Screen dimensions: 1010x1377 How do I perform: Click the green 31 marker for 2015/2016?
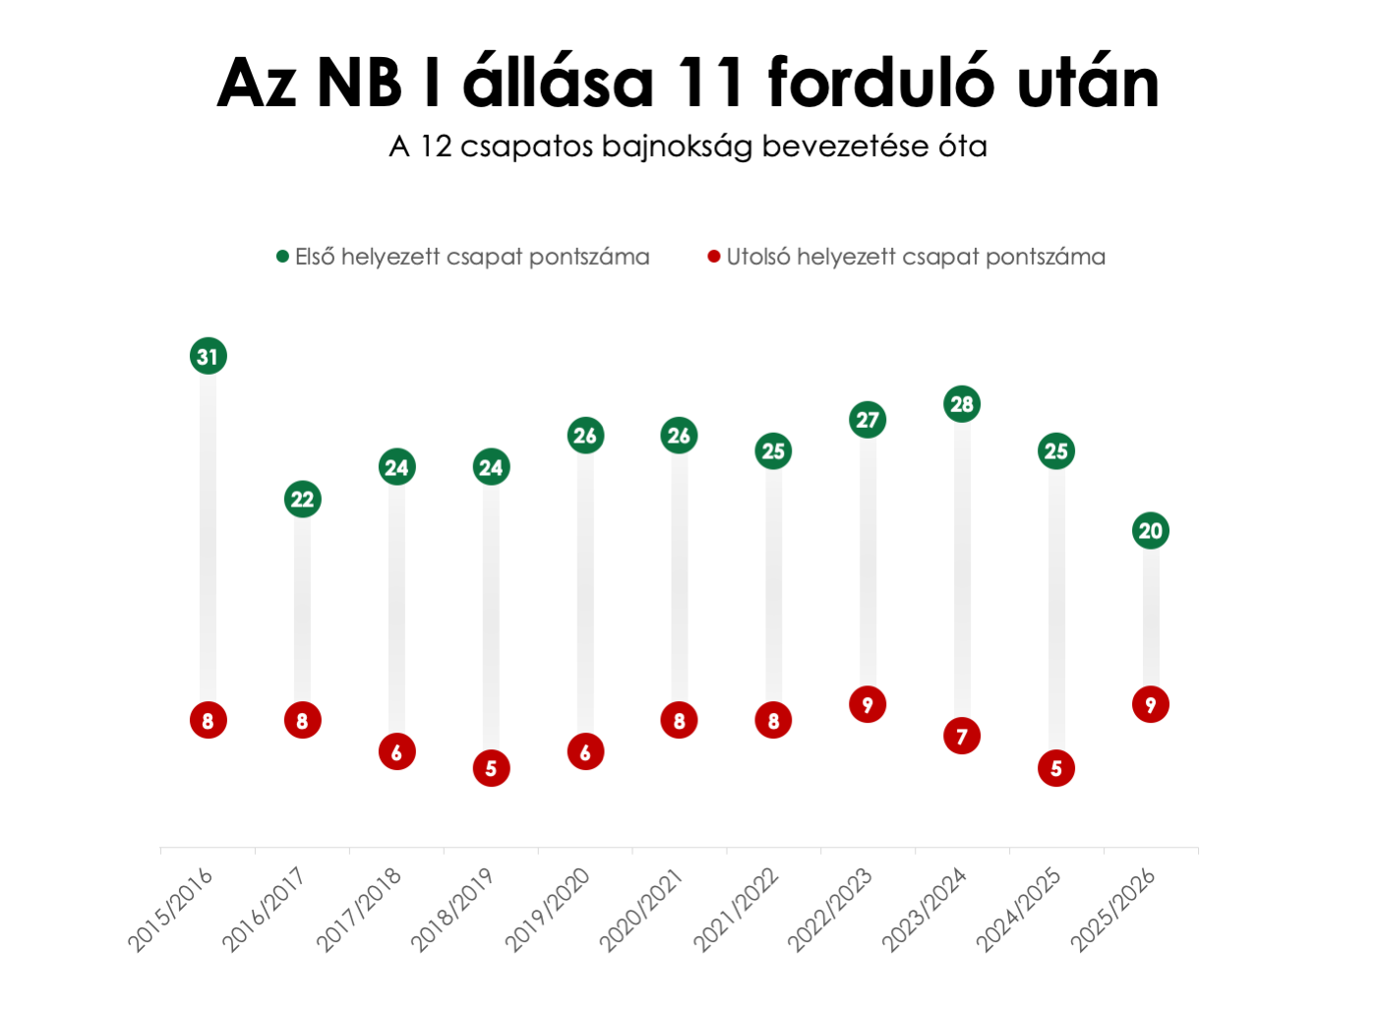208,356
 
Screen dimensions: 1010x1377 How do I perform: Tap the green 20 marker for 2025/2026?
1150,531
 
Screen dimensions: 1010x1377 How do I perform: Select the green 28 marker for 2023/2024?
962,404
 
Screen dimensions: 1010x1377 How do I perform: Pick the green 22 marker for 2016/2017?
302,500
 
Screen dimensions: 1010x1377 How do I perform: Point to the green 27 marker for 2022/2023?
868,420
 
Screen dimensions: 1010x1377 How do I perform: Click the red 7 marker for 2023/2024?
962,737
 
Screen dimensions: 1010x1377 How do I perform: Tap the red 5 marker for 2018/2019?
491,768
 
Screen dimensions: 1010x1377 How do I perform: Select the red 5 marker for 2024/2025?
1056,768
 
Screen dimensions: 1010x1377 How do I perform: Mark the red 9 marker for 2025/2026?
1150,705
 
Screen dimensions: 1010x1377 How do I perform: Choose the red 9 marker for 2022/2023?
868,705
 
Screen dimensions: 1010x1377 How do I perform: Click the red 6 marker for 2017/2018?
396,752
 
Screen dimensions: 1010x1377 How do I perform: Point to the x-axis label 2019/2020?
548,910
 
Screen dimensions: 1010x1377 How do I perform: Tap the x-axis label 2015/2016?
170,910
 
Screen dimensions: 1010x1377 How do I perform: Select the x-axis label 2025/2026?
1113,910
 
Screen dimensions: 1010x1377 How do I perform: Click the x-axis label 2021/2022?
737,910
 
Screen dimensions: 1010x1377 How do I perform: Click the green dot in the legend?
282,257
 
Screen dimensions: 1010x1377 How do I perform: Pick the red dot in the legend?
714,257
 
